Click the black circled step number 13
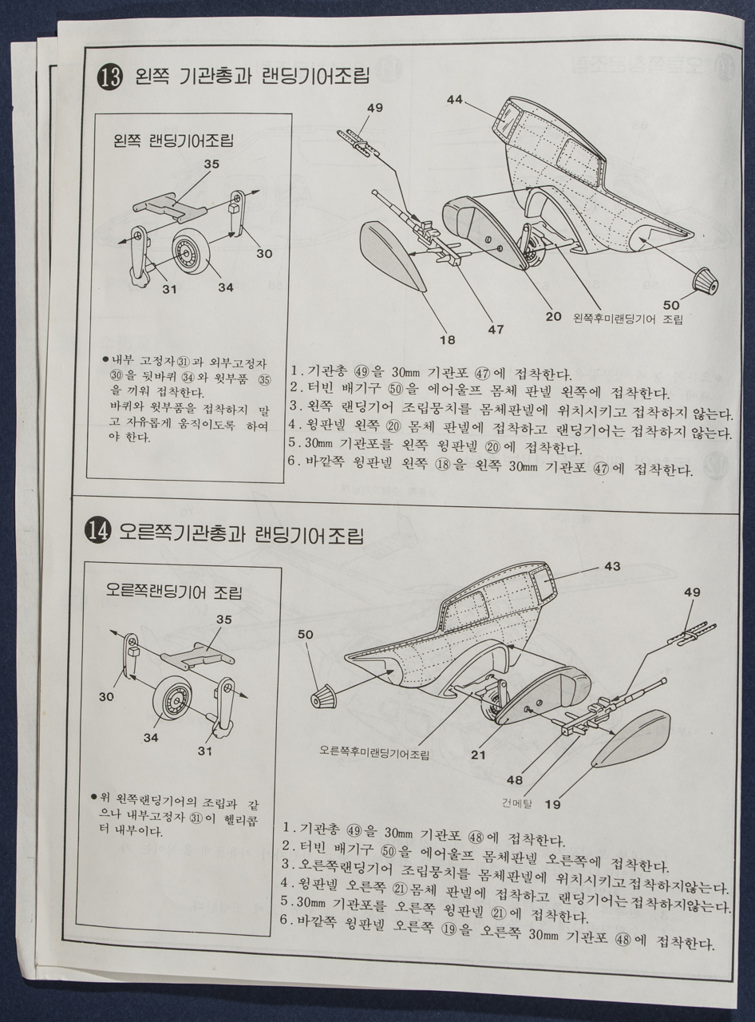[x=109, y=78]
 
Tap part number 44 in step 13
[x=455, y=100]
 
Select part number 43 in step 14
[x=611, y=566]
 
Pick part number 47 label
[x=496, y=328]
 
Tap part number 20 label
[x=553, y=316]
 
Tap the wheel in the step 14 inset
[x=180, y=702]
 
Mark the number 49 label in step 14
[x=692, y=592]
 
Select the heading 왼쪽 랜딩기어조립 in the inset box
[x=175, y=142]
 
